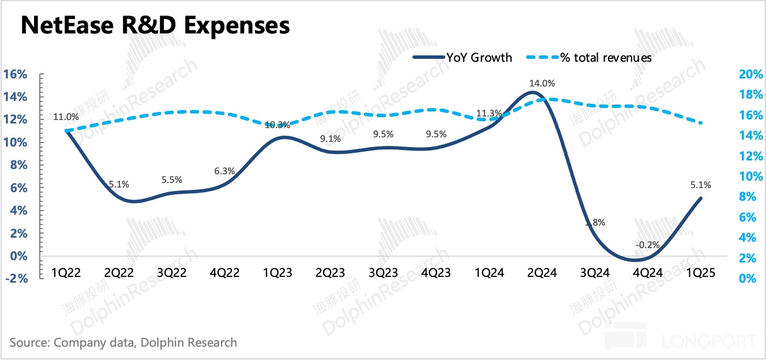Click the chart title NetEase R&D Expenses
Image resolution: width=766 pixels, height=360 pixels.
tap(155, 26)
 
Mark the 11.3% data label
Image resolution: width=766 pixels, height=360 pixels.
tap(488, 113)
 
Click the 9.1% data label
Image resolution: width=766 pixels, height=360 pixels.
tap(330, 139)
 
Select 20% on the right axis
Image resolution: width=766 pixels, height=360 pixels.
tap(750, 74)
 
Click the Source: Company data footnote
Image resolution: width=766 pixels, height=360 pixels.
tap(123, 342)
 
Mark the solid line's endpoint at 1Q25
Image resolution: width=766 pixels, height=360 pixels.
tap(701, 198)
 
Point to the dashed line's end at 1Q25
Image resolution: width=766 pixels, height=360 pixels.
tap(701, 123)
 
